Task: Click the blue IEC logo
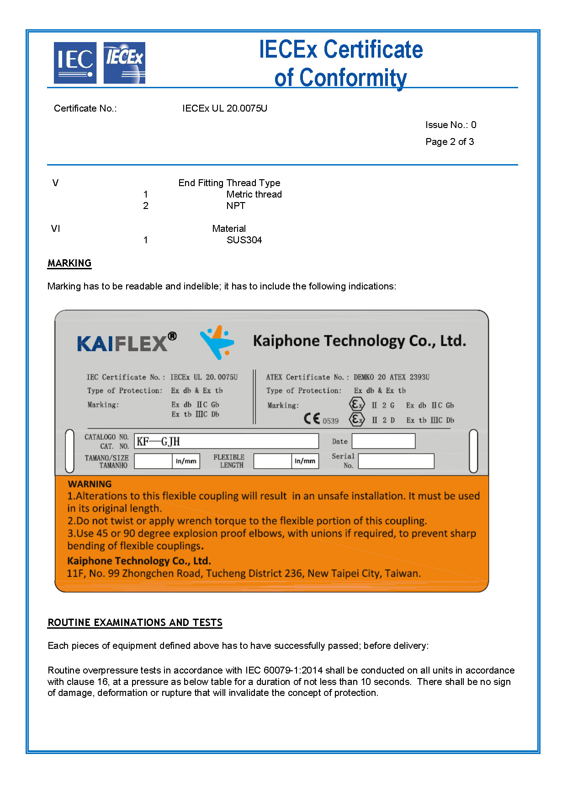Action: [x=75, y=63]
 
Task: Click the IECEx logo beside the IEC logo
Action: [x=124, y=63]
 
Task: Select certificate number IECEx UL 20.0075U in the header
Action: [x=224, y=108]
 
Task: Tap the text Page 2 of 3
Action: [x=449, y=142]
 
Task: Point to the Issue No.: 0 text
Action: [x=450, y=125]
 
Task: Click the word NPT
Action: [x=236, y=206]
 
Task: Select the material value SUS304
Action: [x=244, y=240]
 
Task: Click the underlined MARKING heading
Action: [x=69, y=263]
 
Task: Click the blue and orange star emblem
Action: [x=217, y=342]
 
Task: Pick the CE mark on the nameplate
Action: [x=312, y=418]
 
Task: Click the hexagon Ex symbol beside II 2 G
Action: [x=356, y=405]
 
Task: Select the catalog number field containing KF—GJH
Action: [x=227, y=441]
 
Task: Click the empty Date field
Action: [x=383, y=441]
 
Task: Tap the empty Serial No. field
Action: [x=396, y=461]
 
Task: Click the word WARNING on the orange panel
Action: [x=90, y=484]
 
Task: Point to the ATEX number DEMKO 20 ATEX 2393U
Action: [x=391, y=377]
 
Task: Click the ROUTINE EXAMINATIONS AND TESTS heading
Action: [x=135, y=623]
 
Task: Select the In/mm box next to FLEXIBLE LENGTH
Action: [x=305, y=461]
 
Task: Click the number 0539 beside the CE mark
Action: [x=330, y=421]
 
